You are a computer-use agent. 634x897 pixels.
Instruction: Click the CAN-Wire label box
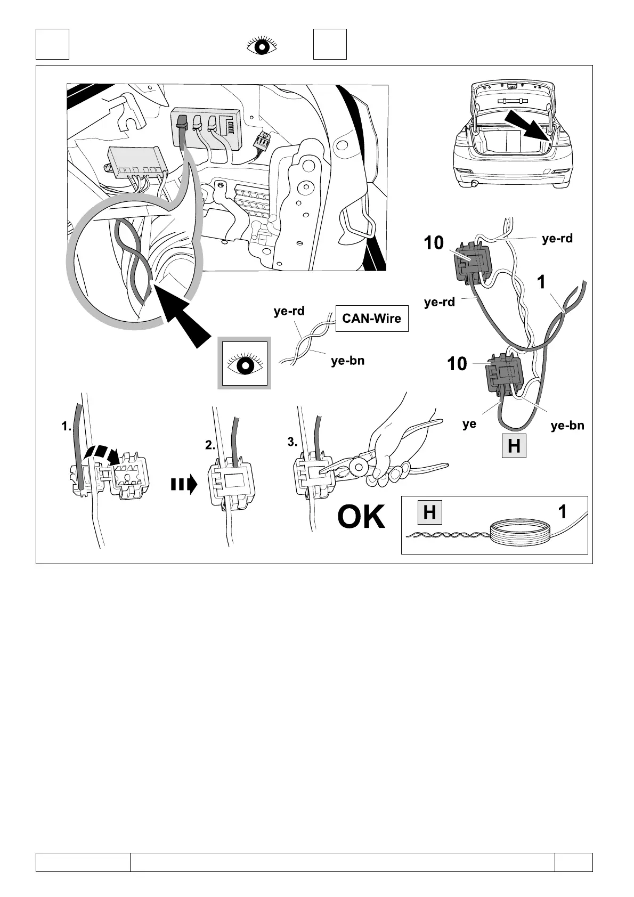(372, 319)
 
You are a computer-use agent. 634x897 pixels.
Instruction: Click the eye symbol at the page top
(262, 46)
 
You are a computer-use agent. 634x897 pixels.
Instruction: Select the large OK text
(361, 517)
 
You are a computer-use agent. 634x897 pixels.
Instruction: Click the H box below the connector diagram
(514, 446)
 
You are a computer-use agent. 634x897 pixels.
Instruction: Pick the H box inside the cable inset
(429, 512)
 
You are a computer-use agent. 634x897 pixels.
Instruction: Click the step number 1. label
(66, 427)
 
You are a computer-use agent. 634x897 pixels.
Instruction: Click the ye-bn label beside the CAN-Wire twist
(347, 361)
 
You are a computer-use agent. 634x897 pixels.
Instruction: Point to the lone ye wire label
(469, 425)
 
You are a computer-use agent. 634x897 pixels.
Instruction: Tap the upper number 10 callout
(434, 243)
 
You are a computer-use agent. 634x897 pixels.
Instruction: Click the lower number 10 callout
(457, 364)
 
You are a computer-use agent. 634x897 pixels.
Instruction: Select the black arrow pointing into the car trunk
(529, 125)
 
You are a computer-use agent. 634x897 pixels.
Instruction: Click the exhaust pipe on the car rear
(474, 184)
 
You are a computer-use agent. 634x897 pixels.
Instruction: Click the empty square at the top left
(52, 44)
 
